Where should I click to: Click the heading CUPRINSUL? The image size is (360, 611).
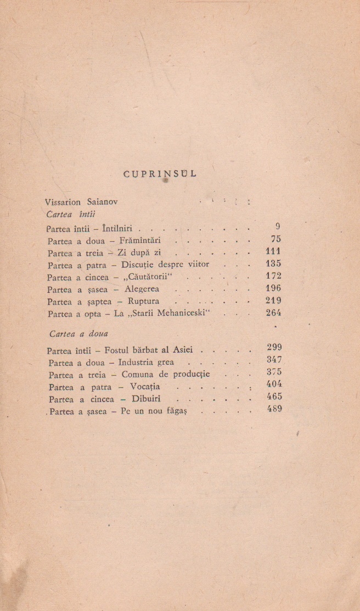tap(160, 174)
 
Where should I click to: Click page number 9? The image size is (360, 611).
tap(278, 226)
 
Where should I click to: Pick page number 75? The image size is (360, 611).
tap(276, 239)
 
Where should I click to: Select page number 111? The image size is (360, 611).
tap(273, 252)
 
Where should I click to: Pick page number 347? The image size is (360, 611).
tap(274, 360)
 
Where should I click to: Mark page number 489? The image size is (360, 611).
tap(274, 409)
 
